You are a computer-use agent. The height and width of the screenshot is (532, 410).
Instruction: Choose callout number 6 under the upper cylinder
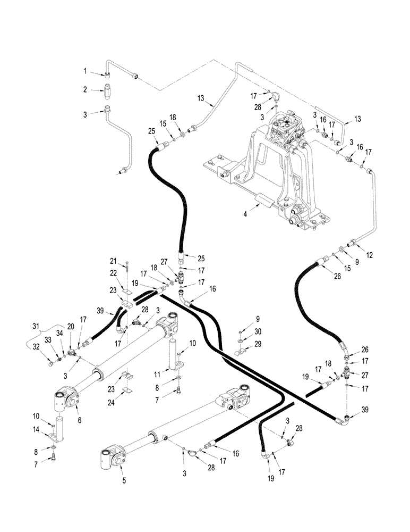click(80, 420)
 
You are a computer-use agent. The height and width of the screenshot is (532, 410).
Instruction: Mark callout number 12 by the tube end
click(370, 255)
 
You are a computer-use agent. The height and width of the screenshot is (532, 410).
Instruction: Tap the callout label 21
click(113, 261)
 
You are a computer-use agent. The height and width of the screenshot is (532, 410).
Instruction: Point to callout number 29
click(259, 345)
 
